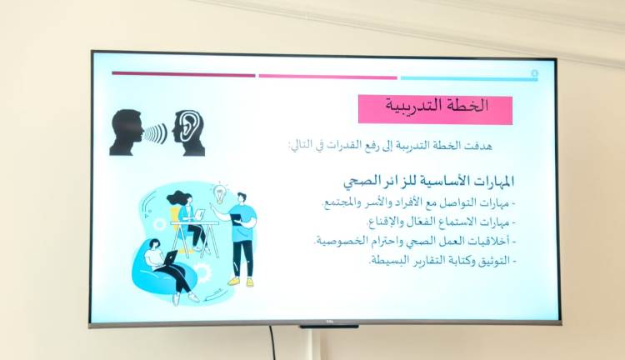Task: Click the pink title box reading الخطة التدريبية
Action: [435, 109]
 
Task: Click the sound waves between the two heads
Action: [156, 133]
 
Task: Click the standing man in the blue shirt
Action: [241, 237]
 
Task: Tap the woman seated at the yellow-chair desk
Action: [185, 218]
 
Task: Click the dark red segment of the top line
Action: [183, 74]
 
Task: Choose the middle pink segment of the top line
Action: [327, 76]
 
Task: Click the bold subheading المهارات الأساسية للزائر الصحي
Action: [428, 181]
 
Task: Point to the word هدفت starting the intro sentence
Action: [499, 146]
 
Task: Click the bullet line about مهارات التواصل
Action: [417, 202]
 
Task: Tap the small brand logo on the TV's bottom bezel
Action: [329, 325]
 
